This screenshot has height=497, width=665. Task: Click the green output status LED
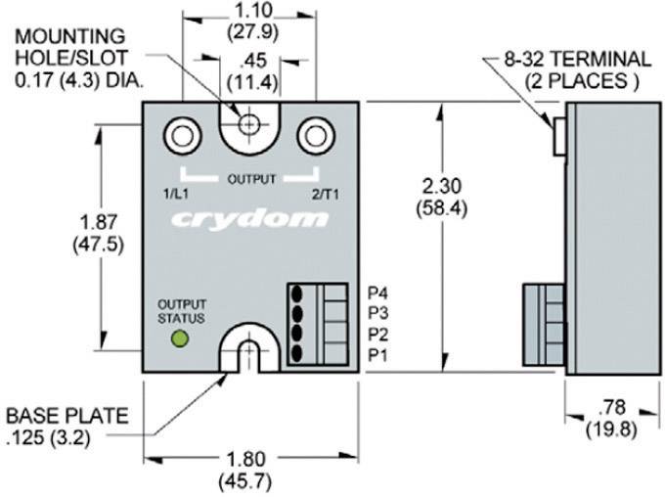pos(180,339)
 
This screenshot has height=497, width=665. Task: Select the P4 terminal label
pos(379,293)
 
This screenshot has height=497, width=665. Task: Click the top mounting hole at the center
pos(250,125)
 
